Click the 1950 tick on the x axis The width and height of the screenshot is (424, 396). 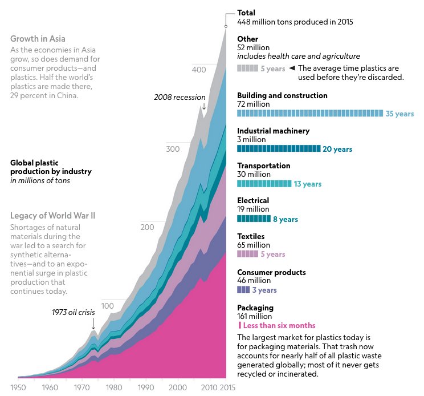tap(18, 387)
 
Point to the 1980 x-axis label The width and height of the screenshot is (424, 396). tap(114, 387)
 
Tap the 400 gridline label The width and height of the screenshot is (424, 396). tap(198, 70)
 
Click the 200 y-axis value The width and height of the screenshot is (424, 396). tap(148, 228)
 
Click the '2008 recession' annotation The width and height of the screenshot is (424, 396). tap(180, 97)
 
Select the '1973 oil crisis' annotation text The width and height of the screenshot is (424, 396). tap(74, 312)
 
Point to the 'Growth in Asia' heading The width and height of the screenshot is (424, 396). tap(38, 39)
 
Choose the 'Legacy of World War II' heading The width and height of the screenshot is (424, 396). tap(52, 216)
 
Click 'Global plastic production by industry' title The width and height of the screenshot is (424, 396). tap(51, 167)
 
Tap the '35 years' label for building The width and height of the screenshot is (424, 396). tap(399, 114)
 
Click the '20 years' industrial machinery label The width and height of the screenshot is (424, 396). tap(337, 149)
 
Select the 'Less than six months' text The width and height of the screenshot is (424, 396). tap(279, 325)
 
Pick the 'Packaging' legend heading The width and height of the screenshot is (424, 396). tap(255, 308)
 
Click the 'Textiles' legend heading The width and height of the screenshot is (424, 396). tap(251, 236)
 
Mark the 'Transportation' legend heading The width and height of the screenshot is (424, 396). tap(263, 165)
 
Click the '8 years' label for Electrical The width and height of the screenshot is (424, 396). tap(286, 219)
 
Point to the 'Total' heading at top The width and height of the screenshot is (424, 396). tap(246, 13)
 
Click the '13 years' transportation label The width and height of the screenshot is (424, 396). tap(308, 184)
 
